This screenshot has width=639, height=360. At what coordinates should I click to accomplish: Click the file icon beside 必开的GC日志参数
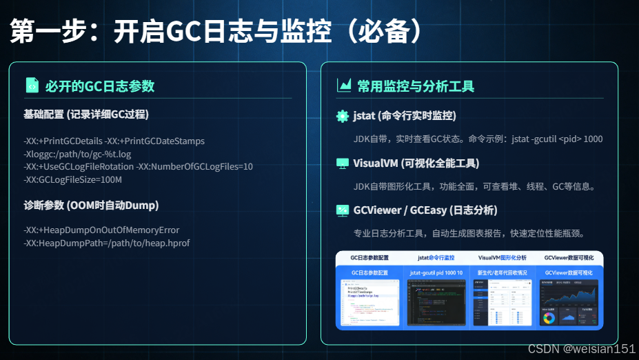[32, 85]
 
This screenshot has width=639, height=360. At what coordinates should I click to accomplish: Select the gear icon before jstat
[342, 116]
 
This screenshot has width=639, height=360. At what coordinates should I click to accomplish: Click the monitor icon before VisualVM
[342, 163]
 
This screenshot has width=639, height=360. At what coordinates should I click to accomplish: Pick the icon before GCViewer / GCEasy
[342, 210]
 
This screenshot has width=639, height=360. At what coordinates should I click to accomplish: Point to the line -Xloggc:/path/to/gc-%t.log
[77, 154]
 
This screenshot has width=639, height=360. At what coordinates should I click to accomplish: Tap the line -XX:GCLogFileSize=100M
[72, 179]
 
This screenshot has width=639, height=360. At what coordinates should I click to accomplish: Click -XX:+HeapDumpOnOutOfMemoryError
[101, 230]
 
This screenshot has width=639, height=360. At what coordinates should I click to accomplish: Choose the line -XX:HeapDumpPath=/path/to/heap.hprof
[106, 243]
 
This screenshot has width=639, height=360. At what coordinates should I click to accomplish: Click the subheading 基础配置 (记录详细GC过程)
[85, 114]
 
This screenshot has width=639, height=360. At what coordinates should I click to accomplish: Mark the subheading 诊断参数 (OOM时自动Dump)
[90, 205]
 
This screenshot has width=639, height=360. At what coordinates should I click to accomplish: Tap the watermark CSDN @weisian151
[581, 349]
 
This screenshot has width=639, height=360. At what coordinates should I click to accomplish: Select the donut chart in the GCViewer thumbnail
[549, 319]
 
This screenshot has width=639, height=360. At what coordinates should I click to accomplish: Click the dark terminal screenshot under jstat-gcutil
[436, 303]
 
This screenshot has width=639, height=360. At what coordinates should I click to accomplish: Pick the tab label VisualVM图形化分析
[503, 257]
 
